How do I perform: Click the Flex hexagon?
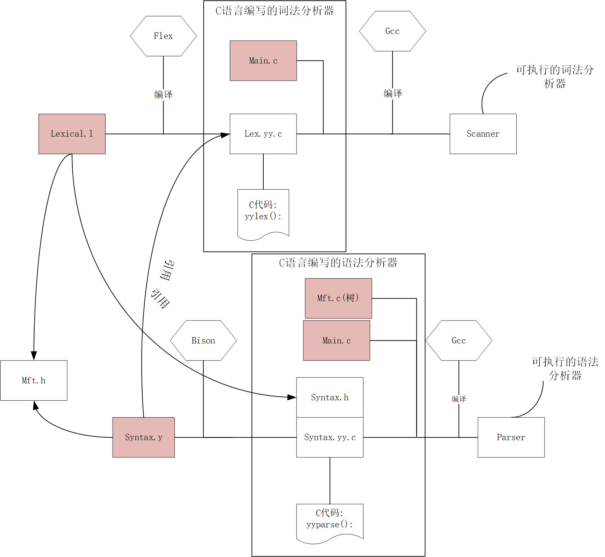tap(163, 36)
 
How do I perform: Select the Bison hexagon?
tap(203, 340)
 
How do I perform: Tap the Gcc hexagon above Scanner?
tap(392, 31)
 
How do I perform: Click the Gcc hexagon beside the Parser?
tap(459, 340)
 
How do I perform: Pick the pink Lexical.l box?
tap(72, 134)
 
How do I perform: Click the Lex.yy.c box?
tap(263, 134)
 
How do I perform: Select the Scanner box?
tap(483, 134)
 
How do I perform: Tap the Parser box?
tap(511, 437)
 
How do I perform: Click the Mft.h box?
tap(34, 380)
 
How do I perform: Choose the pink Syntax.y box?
tap(143, 437)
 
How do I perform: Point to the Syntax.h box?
tap(330, 397)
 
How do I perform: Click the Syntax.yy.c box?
tap(330, 437)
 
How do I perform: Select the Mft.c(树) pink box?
tap(338, 298)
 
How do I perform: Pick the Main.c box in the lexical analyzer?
tap(263, 61)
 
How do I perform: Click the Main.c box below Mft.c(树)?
tap(336, 340)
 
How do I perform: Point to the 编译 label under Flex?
tap(163, 95)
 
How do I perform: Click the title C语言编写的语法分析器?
tap(338, 263)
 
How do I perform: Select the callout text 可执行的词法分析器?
tap(555, 77)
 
